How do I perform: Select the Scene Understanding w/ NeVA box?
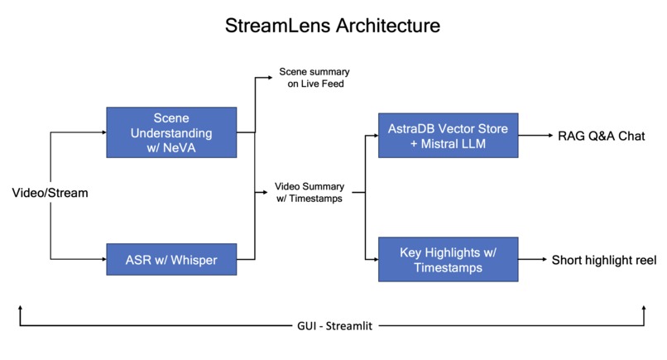tap(171, 133)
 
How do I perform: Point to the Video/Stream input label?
tap(50, 193)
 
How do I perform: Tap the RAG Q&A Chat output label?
tap(601, 135)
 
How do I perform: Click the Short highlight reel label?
tap(604, 259)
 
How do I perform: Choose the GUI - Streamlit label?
tap(333, 326)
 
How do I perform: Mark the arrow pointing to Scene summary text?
tap(266, 79)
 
